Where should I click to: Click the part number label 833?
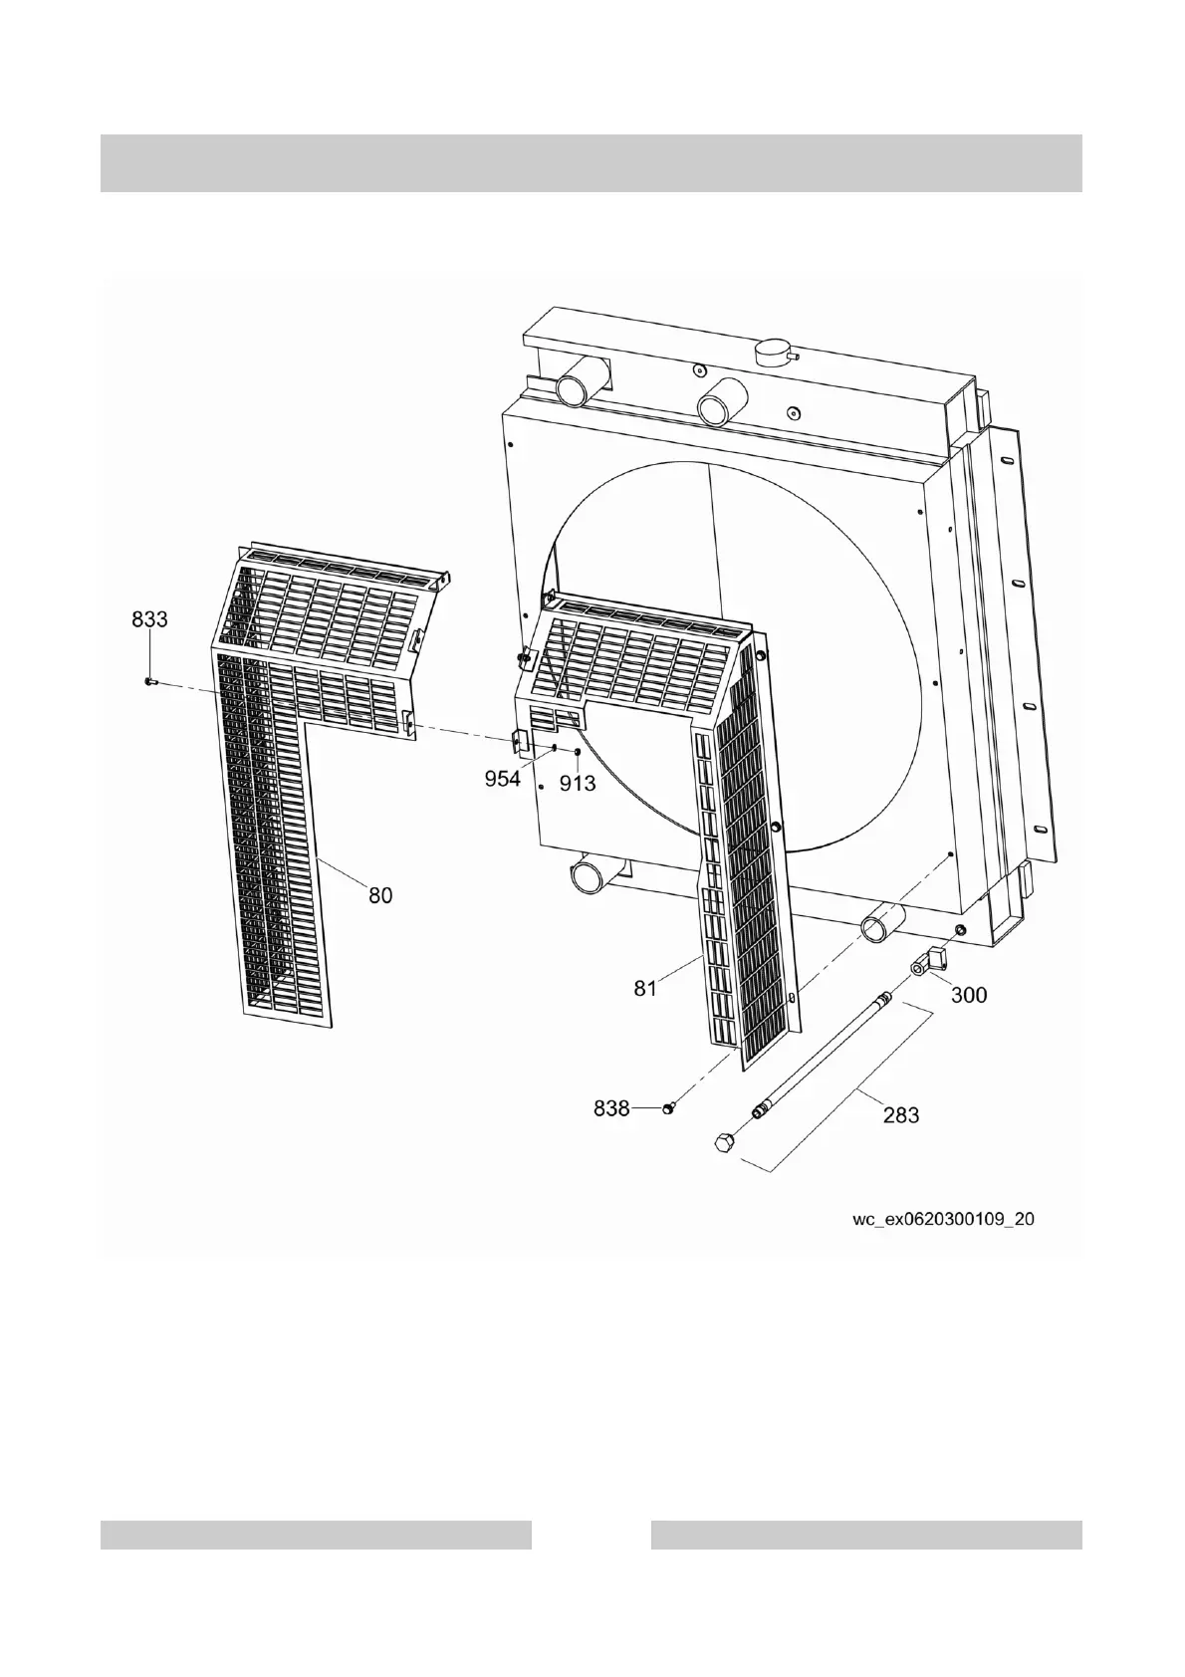[x=149, y=618]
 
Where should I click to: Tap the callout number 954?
[x=503, y=779]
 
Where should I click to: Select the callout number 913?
[x=578, y=784]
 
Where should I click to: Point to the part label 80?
[x=380, y=895]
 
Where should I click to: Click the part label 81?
[x=646, y=989]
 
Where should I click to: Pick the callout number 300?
[x=969, y=995]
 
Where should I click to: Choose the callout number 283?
[x=901, y=1115]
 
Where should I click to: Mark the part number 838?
[x=611, y=1107]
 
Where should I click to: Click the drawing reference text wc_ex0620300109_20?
[x=943, y=1218]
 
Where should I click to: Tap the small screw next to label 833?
[x=149, y=682]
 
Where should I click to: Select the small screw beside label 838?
[x=669, y=1108]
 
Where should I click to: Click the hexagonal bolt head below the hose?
[x=726, y=1143]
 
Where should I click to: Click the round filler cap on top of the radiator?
[x=774, y=352]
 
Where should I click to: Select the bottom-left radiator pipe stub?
[x=591, y=878]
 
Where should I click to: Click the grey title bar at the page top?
[x=592, y=162]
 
